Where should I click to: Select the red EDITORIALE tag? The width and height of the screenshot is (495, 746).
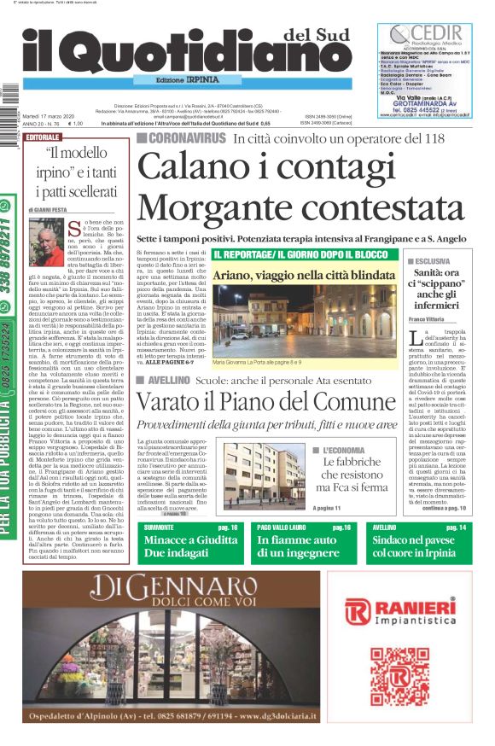(44, 137)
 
